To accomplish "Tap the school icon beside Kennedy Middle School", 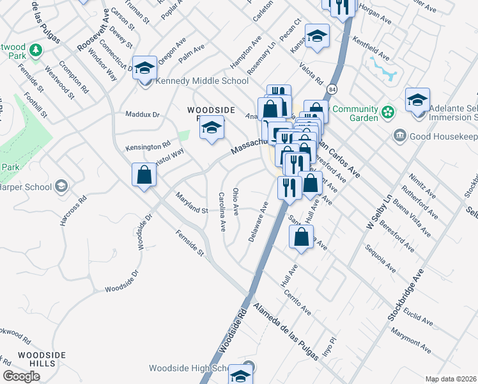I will coord(145,67).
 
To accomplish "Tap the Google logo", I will coord(21,376).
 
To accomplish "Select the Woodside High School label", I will coord(188,368).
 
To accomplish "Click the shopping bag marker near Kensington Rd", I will coord(144,175).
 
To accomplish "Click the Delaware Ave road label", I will coord(258,221).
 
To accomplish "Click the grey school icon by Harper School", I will coord(61,186).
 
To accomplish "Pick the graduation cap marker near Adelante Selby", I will coord(417,100).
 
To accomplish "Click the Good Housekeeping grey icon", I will coord(401,135).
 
